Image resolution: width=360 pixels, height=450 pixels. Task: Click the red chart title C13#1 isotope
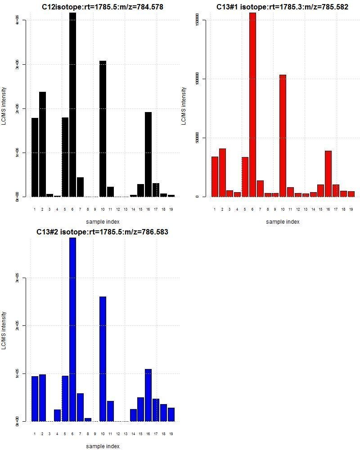click(282, 7)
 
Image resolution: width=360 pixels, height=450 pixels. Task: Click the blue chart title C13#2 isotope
click(102, 232)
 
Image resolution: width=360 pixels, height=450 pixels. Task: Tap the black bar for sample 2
click(42, 144)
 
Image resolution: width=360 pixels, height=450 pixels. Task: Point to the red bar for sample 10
click(283, 135)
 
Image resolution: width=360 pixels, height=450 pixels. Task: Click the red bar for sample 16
click(328, 174)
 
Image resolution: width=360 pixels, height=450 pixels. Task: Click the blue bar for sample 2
click(42, 398)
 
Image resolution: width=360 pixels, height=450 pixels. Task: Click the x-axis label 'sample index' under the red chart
click(283, 221)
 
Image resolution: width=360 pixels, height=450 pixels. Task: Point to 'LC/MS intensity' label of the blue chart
click(4, 330)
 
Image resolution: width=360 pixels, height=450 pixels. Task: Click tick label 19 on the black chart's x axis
click(171, 209)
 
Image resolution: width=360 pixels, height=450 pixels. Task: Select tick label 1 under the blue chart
click(35, 434)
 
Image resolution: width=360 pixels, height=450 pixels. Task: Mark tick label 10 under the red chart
click(283, 209)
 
